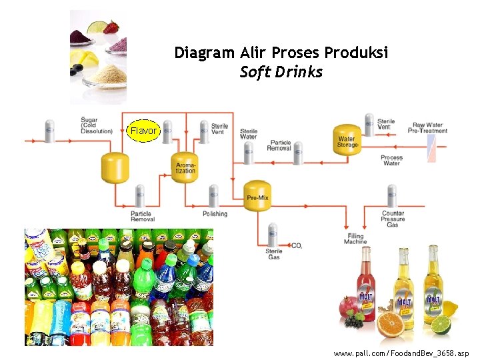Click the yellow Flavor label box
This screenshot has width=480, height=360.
(x=143, y=131)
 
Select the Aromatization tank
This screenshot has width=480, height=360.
(x=185, y=167)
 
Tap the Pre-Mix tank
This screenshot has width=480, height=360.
(x=257, y=196)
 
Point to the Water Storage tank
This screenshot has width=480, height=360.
(x=347, y=140)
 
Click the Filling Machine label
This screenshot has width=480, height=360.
(x=355, y=239)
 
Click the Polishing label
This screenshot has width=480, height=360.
(x=215, y=214)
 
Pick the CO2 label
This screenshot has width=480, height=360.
(x=297, y=246)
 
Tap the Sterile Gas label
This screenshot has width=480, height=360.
(x=274, y=254)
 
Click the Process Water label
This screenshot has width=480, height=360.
(x=391, y=160)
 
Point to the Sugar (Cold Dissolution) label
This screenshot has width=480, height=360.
(x=97, y=125)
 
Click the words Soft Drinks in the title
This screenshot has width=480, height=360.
(x=281, y=72)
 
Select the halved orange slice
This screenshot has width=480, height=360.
(x=391, y=325)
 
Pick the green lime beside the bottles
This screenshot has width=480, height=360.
(x=441, y=325)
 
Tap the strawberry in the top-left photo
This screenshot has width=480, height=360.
(x=111, y=28)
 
